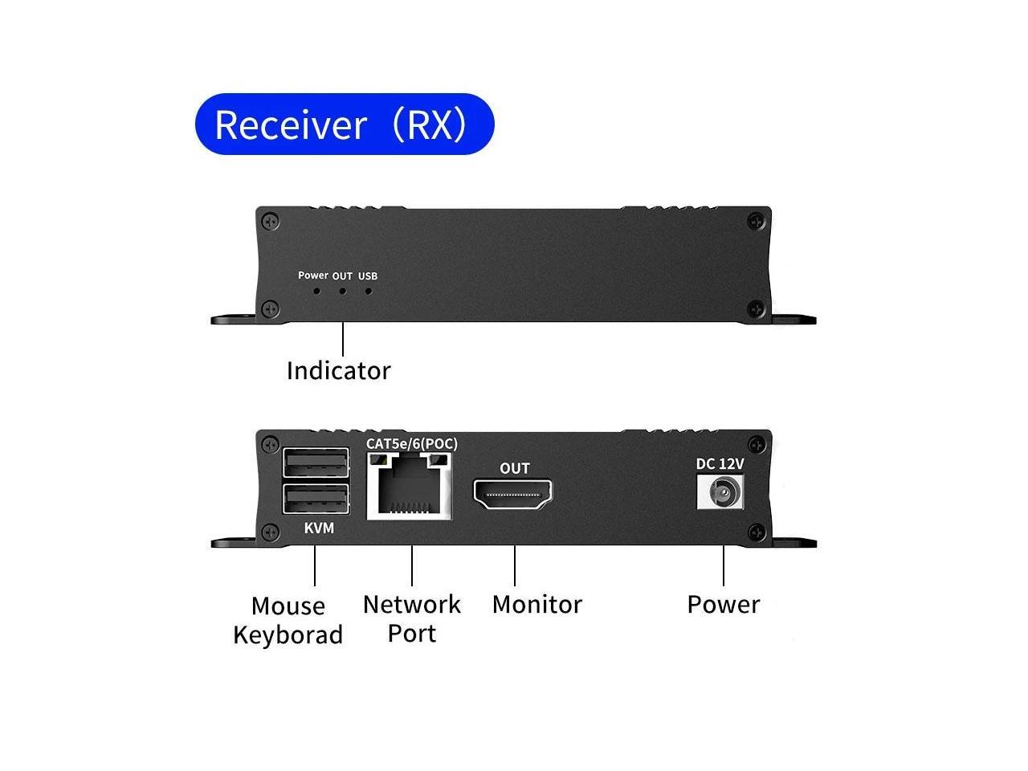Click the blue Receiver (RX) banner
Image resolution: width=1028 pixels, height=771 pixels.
[344, 124]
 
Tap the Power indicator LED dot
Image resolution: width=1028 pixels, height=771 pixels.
[317, 291]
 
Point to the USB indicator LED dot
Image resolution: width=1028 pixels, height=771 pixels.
[369, 291]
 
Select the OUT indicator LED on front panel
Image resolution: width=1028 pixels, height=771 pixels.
[343, 291]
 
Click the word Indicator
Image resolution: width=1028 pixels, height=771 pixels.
[338, 370]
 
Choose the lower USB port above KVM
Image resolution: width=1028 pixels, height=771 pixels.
[316, 499]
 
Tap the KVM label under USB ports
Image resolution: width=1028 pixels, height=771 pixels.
[319, 528]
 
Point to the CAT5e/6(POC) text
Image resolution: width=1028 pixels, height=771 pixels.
[412, 443]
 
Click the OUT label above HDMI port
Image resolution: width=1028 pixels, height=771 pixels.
[515, 468]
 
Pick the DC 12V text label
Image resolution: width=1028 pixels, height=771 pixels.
[720, 463]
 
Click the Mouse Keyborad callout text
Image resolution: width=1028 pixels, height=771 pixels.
[288, 620]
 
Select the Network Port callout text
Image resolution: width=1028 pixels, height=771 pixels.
[412, 618]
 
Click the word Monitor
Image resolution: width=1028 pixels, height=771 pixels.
[536, 604]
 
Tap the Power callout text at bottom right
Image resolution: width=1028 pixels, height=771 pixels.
[723, 604]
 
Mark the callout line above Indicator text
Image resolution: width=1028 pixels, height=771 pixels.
[343, 339]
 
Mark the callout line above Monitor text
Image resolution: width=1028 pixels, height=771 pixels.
[515, 565]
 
